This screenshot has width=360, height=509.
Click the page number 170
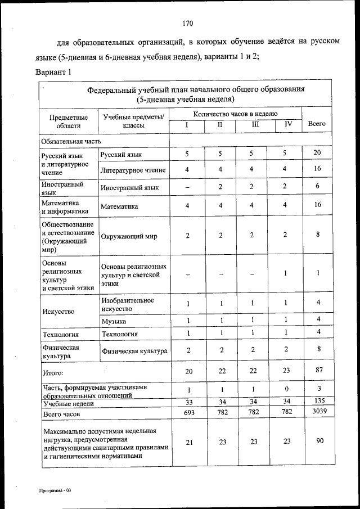pos(188,23)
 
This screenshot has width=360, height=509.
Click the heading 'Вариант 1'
pos(54,73)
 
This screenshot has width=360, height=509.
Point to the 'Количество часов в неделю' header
pos(235,114)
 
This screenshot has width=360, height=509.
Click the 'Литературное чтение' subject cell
pos(133,169)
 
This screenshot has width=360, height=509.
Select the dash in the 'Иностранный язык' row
pos(187,187)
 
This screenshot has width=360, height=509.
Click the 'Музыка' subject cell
pos(114,321)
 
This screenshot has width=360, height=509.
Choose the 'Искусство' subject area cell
pos(58,311)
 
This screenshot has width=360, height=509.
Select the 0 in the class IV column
pos(287,390)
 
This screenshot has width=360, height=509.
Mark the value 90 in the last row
pos(319,441)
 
